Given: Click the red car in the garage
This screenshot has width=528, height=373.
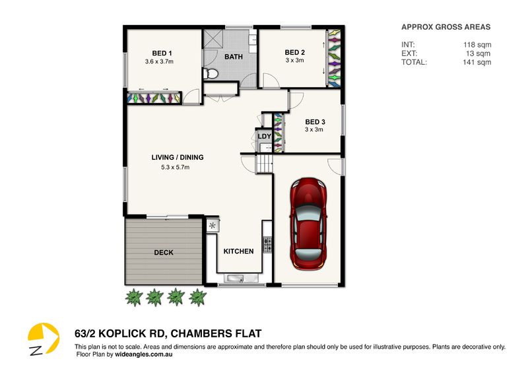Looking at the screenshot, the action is [308, 224].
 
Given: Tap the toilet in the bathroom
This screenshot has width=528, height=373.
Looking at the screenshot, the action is [211, 73].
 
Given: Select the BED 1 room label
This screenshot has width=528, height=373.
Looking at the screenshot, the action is [162, 53].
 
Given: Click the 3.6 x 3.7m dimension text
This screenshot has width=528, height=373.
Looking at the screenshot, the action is [159, 61].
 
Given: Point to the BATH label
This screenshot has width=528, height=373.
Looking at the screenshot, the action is [234, 57].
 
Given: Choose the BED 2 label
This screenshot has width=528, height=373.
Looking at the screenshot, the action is [294, 52].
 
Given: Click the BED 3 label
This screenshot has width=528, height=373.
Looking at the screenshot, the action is [315, 122].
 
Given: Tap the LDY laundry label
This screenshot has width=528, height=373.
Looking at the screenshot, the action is [265, 137].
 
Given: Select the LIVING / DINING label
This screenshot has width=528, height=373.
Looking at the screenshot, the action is [178, 157].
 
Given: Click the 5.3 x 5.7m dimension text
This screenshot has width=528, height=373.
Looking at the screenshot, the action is [175, 167].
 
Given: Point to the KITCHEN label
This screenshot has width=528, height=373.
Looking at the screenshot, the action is [239, 252].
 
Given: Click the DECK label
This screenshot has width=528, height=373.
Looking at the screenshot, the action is [164, 252].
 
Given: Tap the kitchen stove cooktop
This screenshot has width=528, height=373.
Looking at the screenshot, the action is [268, 245].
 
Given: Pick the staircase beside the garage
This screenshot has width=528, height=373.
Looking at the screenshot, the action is [265, 164].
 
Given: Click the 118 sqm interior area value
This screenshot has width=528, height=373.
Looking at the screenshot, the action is [477, 45].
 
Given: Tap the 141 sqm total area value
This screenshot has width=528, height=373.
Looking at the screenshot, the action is [477, 62].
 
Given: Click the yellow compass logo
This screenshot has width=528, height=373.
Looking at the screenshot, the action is [44, 339].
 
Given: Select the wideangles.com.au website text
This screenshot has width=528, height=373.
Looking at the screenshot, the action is [144, 355].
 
